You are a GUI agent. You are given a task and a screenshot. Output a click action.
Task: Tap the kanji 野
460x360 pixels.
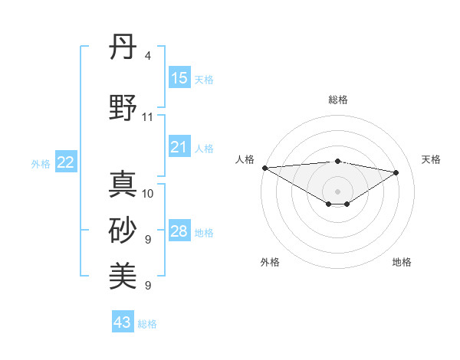click(123, 109)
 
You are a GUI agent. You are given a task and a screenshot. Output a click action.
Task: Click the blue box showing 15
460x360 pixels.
click(179, 78)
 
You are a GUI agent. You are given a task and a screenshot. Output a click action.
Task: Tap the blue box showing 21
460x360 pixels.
click(179, 147)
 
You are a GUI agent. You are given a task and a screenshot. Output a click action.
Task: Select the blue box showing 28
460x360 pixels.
click(179, 231)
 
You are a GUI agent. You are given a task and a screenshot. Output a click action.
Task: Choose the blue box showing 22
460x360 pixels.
click(66, 162)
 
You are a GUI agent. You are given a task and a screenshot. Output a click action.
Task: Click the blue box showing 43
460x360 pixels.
click(123, 322)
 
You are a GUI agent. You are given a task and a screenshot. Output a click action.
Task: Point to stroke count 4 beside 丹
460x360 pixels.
click(147, 56)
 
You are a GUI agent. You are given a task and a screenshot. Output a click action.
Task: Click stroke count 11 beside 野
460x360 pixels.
click(148, 117)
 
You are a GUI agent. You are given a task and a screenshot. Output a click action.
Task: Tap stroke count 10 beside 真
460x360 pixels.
click(148, 193)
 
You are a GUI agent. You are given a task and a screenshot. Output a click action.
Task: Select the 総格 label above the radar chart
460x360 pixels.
click(337, 100)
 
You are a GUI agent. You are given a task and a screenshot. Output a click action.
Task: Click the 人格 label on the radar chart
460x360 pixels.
click(245, 159)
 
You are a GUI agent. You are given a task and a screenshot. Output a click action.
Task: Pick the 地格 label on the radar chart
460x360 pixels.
click(402, 262)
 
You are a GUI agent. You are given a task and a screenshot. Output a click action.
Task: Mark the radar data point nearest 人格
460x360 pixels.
click(264, 167)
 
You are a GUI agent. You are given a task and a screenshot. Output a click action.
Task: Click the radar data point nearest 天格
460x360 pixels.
click(396, 172)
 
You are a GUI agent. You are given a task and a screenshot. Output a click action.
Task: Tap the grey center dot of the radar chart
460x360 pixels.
click(337, 191)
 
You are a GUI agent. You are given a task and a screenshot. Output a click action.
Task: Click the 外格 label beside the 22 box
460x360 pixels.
click(41, 163)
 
